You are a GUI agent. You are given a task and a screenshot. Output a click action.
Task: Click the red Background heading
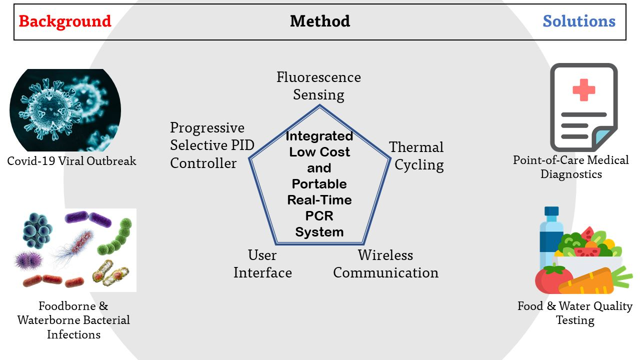pyautogui.click(x=65, y=21)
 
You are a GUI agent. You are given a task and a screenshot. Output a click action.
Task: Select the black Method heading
pyautogui.click(x=320, y=21)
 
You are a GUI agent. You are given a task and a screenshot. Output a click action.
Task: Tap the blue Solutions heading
pyautogui.click(x=579, y=21)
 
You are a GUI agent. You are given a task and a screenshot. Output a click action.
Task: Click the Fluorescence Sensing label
pyautogui.click(x=318, y=86)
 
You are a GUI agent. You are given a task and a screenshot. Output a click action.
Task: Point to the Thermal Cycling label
pyautogui.click(x=417, y=156)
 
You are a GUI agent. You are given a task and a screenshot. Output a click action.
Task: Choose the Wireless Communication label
pyautogui.click(x=385, y=264)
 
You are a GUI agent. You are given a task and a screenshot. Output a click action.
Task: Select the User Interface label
pyautogui.click(x=262, y=264)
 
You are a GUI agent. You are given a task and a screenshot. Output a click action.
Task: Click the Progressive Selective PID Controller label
pyautogui.click(x=212, y=145)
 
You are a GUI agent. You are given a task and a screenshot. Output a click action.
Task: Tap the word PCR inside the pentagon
pyautogui.click(x=319, y=216)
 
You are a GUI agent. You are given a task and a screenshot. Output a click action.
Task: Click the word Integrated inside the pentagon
pyautogui.click(x=319, y=136)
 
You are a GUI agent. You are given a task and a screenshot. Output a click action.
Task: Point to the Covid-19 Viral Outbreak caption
pyautogui.click(x=71, y=161)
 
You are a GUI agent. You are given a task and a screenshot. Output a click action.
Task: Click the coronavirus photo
pyautogui.click(x=65, y=110)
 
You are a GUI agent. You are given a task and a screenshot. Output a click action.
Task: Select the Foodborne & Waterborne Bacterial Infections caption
pyautogui.click(x=73, y=320)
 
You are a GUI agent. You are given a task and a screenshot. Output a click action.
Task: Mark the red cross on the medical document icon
pyautogui.click(x=583, y=90)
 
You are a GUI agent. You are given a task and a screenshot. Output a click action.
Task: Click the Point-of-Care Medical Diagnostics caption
pyautogui.click(x=571, y=167)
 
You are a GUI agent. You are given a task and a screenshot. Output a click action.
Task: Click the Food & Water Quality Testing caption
pyautogui.click(x=575, y=313)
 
